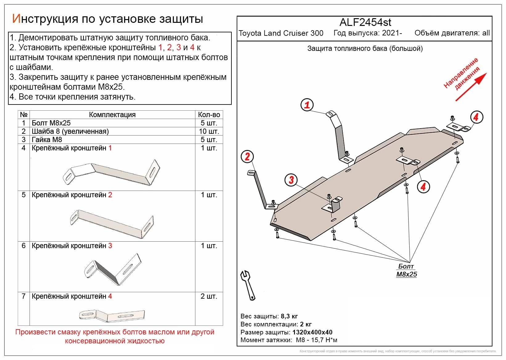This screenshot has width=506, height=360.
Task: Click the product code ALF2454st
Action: [x=365, y=22]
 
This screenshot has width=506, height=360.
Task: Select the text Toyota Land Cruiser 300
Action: [x=281, y=33]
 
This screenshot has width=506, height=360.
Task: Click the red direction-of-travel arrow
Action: [x=471, y=87]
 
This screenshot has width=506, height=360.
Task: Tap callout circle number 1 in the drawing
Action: [x=307, y=105]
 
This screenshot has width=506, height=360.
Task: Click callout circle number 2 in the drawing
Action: [x=247, y=157]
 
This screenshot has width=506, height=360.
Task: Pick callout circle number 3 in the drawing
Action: [x=291, y=180]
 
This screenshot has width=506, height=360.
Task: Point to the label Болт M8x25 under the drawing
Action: [x=406, y=270]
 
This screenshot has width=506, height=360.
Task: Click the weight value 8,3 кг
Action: [x=289, y=316]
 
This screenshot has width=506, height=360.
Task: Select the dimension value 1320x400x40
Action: [x=312, y=332]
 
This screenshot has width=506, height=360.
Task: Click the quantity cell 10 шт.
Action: [x=209, y=131]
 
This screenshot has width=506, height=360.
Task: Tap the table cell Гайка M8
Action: [x=47, y=140]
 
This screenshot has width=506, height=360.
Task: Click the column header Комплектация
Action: [x=112, y=115]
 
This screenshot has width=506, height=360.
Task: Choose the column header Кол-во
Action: [x=209, y=115]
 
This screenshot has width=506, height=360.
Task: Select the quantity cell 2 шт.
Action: [x=209, y=296]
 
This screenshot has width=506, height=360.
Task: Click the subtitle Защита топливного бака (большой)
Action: [x=365, y=48]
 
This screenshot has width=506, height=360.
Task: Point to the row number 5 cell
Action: [x=24, y=195]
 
